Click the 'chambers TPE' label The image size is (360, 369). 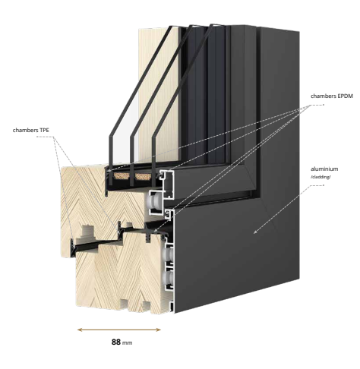pos(31,131)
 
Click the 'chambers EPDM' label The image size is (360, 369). pos(332,96)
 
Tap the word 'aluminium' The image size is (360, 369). pos(324,169)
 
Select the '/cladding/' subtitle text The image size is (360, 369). pos(321,177)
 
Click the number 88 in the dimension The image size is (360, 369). pos(116,342)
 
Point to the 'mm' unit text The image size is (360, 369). pos(128,343)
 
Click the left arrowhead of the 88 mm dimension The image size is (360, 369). pos(79,330)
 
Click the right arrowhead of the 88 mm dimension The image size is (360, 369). pos(159,330)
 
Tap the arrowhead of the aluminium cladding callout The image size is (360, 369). pos(256,231)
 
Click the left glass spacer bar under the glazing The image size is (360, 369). pos(122,176)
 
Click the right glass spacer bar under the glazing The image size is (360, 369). pos(143,176)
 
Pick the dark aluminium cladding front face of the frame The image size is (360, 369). pos(237,253)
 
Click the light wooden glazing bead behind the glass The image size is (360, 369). pos(158,93)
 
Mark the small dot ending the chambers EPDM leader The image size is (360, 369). pos(324,105)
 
